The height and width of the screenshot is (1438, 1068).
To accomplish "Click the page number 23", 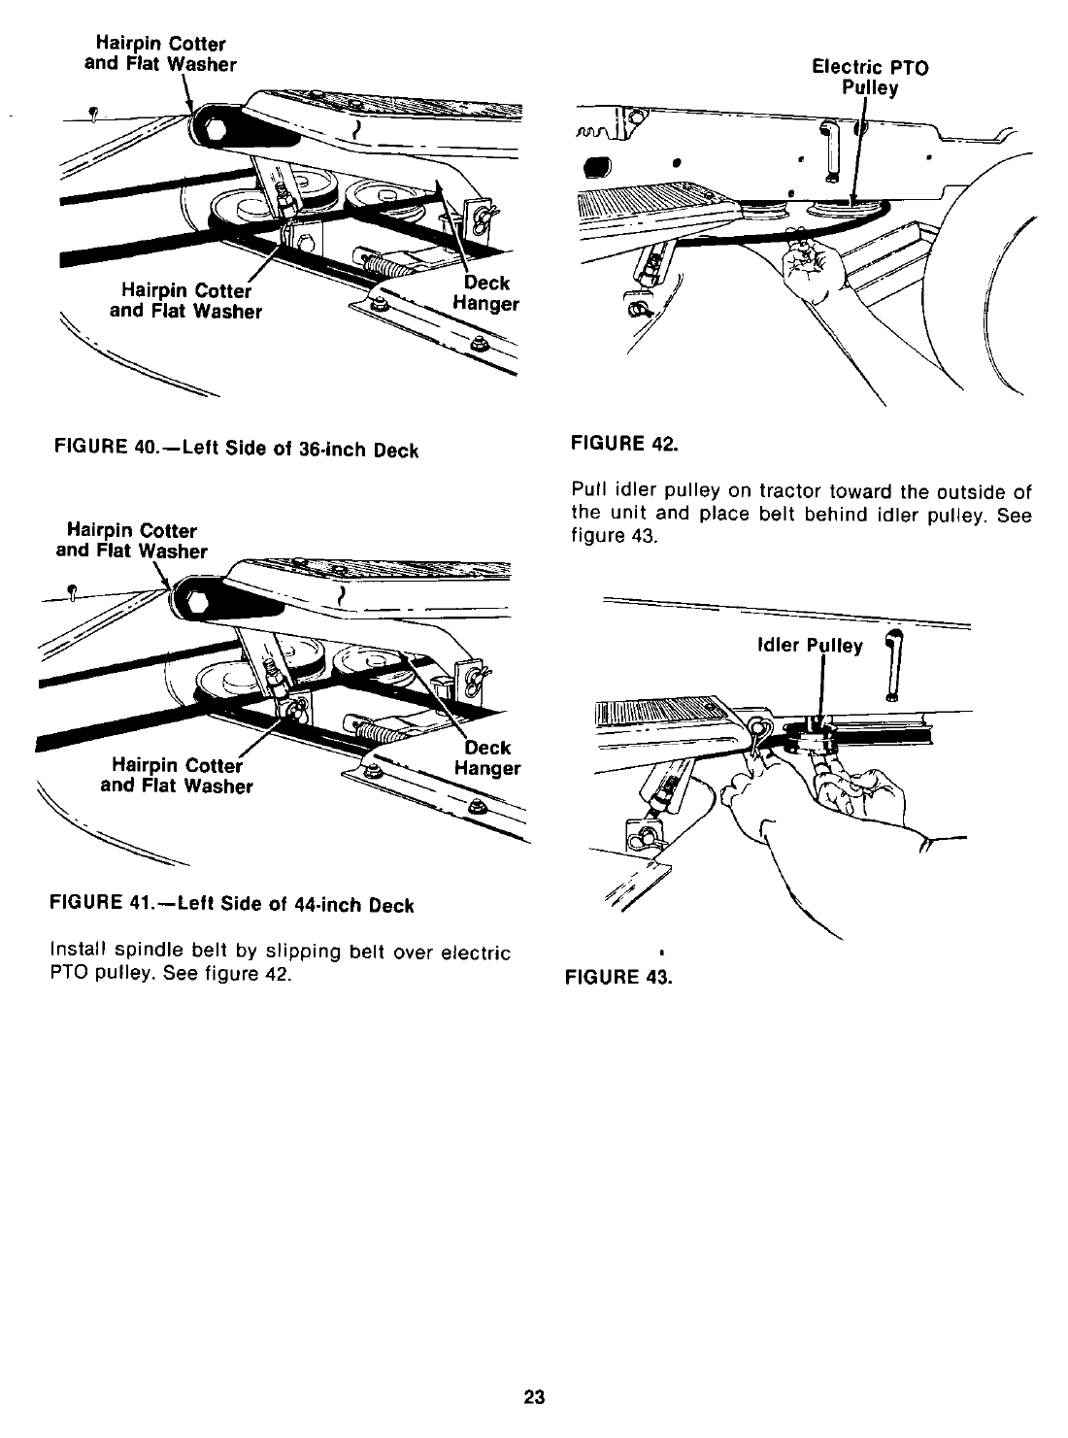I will point(534,1398).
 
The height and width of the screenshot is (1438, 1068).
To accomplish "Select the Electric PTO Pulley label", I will point(869,78).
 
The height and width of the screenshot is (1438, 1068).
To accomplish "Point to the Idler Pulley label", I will point(809,646).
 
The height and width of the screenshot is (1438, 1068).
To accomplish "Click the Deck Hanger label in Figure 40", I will point(485,293).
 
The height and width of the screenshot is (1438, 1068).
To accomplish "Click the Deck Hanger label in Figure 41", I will point(486,758).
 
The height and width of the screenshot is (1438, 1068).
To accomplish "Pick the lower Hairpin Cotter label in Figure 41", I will point(177,775).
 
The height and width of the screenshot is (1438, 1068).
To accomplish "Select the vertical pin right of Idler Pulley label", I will point(892,664).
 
